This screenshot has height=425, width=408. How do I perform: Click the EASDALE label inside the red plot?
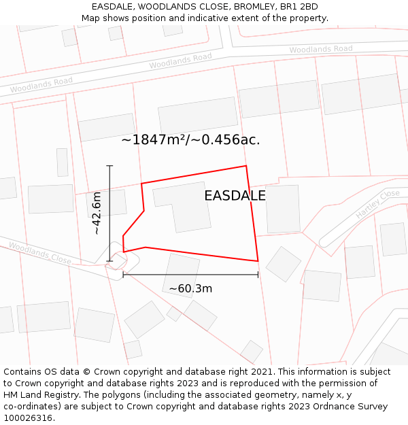pyautogui.click(x=235, y=196)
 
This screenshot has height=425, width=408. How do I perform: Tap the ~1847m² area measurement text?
pyautogui.click(x=190, y=140)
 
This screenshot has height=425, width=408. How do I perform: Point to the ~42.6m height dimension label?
pyautogui.click(x=97, y=213)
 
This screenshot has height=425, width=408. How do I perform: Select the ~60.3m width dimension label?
pyautogui.click(x=190, y=288)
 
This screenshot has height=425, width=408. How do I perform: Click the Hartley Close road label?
pyautogui.click(x=377, y=204)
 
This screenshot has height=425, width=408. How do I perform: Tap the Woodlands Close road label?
pyautogui.click(x=39, y=254)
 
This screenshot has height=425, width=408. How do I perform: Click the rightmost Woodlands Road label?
pyautogui.click(x=320, y=49)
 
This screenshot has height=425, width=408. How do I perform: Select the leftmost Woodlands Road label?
pyautogui.click(x=41, y=85)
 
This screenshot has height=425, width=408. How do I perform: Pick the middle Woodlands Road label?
pyautogui.click(x=180, y=61)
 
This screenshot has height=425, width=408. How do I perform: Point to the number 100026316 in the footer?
pyautogui.click(x=28, y=418)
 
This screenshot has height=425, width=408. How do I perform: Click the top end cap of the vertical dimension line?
pyautogui.click(x=109, y=165)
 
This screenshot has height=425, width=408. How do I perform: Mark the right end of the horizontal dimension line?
pyautogui.click(x=258, y=275)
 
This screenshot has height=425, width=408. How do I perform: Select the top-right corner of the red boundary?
pyautogui.click(x=246, y=166)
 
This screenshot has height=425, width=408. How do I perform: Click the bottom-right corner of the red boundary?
pyautogui.click(x=258, y=261)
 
